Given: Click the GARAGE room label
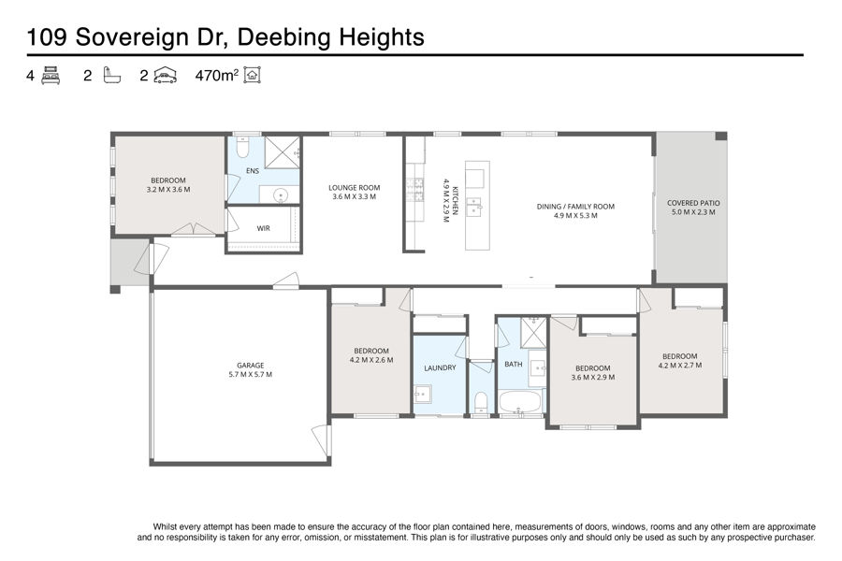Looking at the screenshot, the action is point(250,365).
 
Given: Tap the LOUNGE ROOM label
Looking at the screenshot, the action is point(354,187).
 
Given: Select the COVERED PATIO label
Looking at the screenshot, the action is point(693,203).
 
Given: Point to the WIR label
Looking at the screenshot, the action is point(263,228).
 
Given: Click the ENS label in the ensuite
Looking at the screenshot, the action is point(253,171).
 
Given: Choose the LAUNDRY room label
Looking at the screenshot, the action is point(440,367).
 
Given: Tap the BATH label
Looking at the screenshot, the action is point(514,364).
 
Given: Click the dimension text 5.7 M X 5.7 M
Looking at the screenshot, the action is point(250,374).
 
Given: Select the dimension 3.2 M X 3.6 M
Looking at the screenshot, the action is point(168,190).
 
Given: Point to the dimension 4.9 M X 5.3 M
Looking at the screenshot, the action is point(575,215).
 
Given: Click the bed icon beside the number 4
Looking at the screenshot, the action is point(51,75).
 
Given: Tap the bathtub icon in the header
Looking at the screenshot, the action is point(111,75).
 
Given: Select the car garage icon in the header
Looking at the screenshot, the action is point(166,75).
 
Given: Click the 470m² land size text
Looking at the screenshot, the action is point(216,75).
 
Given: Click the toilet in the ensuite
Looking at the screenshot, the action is point(242,147).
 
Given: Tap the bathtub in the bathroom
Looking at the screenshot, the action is point(520,401).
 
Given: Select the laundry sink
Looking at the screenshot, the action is point(423,394).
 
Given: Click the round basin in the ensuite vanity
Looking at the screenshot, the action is point(281,195).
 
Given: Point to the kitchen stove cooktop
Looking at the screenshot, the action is point(415,190).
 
